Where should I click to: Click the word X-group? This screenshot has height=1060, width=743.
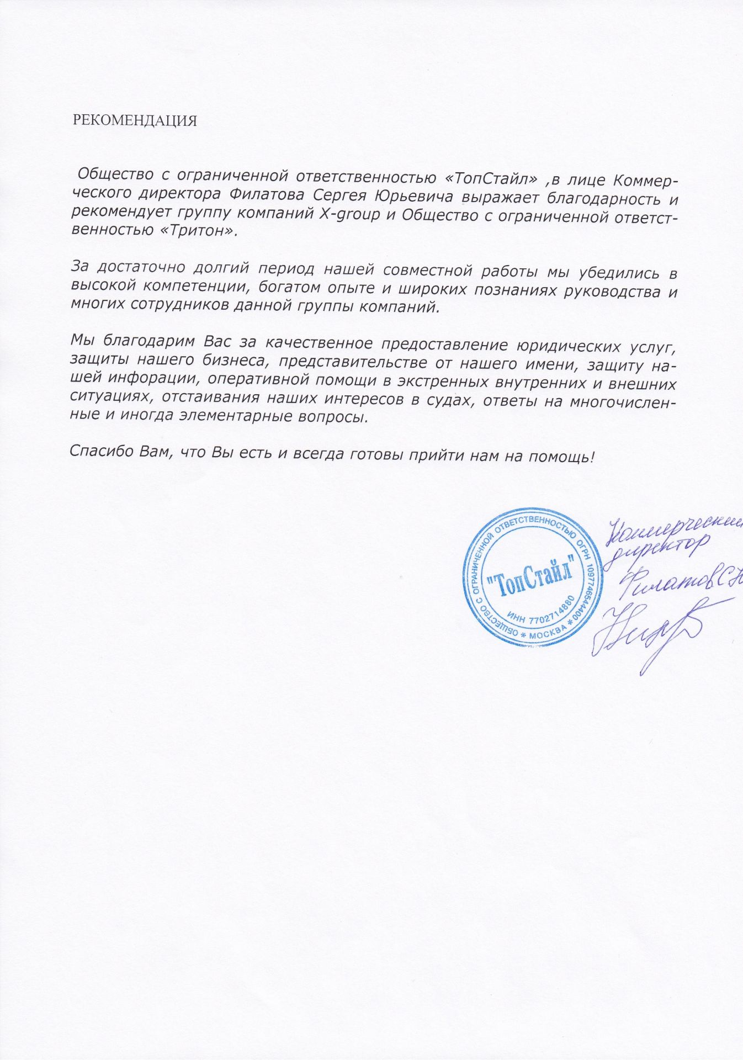(x=350, y=214)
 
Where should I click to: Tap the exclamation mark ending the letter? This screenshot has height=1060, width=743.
(x=592, y=454)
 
